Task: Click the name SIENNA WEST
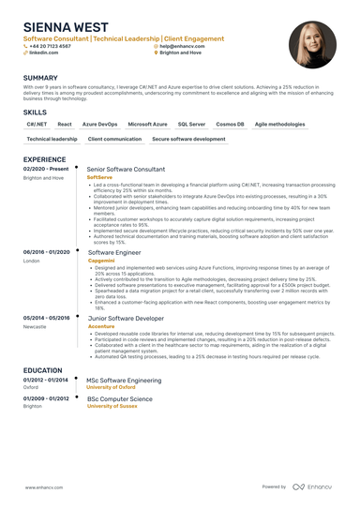point(63,27)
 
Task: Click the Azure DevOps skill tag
point(100,124)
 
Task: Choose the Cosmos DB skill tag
point(230,124)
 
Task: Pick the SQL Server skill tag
point(191,124)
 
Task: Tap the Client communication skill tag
point(114,139)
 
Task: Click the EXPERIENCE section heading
point(44,160)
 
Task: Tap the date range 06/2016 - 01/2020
point(47,252)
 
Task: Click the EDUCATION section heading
point(43,371)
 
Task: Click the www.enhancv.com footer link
point(42,487)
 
